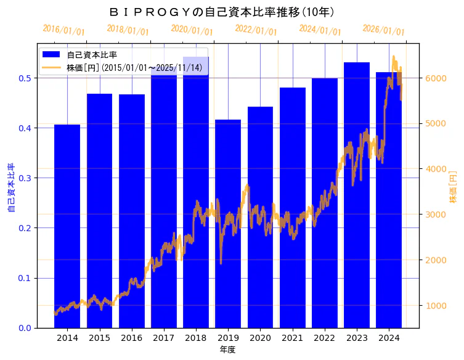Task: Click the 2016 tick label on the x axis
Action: [132, 338]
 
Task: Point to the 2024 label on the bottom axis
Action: [389, 338]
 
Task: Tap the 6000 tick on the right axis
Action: [436, 78]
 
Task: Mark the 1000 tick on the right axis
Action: [436, 305]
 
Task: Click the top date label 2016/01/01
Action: [63, 30]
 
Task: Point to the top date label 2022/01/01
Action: [256, 30]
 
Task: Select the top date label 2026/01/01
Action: [383, 30]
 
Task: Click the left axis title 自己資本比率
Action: [10, 188]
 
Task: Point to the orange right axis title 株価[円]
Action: [453, 187]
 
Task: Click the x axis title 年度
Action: [228, 350]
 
